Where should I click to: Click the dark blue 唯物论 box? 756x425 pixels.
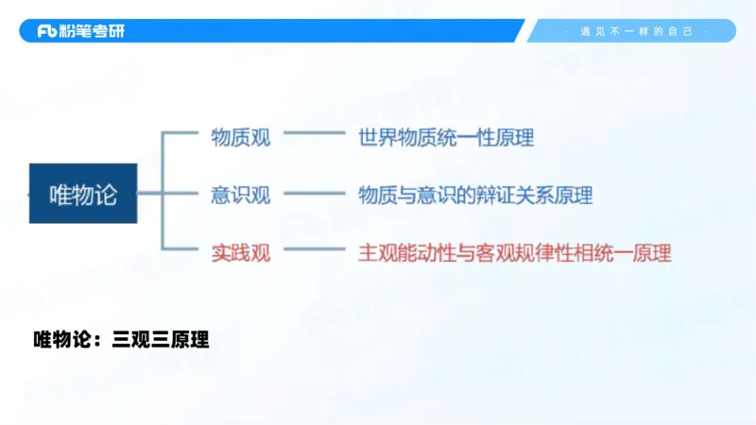(x=83, y=194)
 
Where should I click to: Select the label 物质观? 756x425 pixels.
(x=240, y=138)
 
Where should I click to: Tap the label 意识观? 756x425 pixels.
(x=240, y=195)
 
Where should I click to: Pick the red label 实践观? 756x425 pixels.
(x=240, y=253)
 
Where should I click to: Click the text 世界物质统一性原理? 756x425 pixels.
(x=446, y=138)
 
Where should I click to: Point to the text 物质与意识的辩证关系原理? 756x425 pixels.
(x=475, y=195)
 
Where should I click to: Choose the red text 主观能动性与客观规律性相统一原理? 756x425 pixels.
(x=514, y=253)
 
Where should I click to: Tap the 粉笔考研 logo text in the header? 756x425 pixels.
(x=93, y=31)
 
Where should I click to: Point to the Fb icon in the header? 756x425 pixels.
(x=47, y=31)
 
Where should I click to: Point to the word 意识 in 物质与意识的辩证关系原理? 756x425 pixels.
(x=426, y=195)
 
